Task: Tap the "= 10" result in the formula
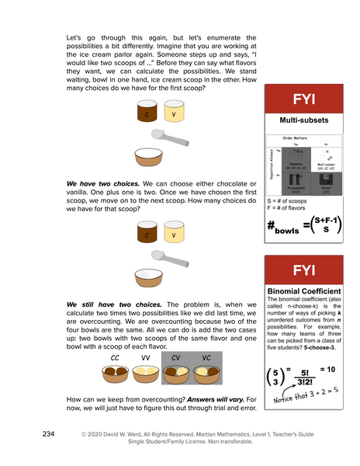tap(330, 369)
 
